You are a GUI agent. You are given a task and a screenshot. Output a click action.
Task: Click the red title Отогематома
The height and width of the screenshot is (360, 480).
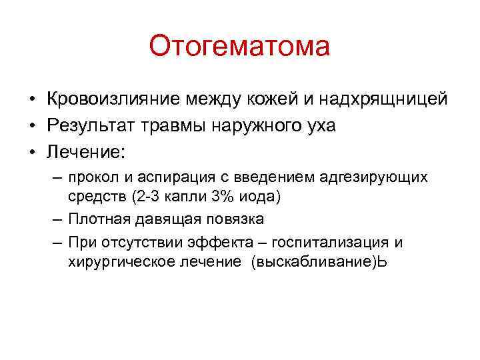239,47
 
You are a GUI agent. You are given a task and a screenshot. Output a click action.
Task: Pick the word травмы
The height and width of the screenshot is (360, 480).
176,126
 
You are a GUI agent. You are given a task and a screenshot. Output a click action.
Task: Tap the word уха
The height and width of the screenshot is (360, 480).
321,126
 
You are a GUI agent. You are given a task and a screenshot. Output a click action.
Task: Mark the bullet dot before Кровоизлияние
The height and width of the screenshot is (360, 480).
31,99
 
